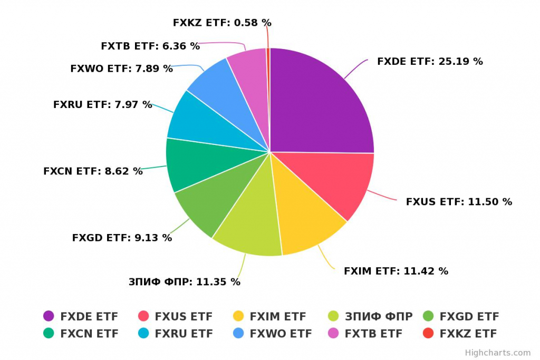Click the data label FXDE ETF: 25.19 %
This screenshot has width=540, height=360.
click(430, 61)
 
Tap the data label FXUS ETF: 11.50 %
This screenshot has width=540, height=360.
click(459, 201)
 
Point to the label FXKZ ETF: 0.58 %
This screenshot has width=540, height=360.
click(222, 23)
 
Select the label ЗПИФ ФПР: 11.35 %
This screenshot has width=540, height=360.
click(185, 281)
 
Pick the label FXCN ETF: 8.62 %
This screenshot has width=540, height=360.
click(93, 171)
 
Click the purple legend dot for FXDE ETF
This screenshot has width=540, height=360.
click(49, 316)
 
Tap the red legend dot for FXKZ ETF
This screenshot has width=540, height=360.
click(428, 333)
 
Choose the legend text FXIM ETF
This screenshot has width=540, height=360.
click(277, 316)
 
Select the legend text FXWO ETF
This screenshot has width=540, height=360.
click(281, 333)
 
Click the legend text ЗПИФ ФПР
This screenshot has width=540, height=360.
click(378, 316)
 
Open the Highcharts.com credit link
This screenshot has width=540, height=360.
click(497, 353)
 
